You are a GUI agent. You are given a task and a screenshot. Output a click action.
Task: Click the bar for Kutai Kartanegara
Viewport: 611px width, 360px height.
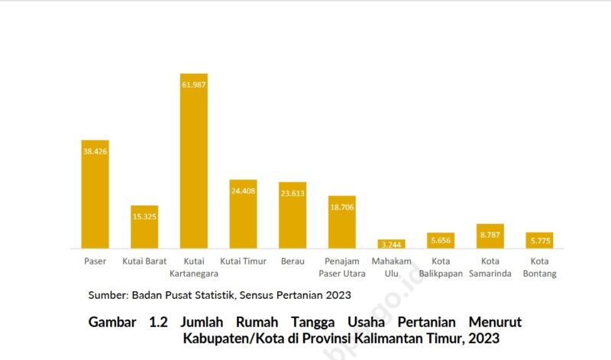193,164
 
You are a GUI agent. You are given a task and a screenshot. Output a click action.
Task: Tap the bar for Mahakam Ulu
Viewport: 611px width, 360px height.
391,244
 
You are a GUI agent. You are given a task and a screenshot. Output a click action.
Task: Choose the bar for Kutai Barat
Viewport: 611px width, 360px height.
144,227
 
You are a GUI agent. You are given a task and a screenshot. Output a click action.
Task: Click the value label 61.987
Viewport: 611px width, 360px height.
193,84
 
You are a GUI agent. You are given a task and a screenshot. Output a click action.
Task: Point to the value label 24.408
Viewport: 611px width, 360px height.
243,191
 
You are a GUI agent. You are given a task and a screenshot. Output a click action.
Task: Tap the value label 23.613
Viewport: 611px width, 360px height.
293,193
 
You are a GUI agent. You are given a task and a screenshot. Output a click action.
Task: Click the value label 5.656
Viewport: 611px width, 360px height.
441,240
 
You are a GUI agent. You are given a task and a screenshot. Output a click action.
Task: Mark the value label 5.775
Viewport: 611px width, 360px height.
539,242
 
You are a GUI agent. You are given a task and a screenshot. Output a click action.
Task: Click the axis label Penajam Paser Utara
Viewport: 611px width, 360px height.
342,268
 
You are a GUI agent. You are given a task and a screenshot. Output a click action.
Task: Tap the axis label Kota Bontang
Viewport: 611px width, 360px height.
539,268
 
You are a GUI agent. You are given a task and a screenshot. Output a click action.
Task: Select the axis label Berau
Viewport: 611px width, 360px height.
293,261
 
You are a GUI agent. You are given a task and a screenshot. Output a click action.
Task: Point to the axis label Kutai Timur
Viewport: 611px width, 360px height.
243,261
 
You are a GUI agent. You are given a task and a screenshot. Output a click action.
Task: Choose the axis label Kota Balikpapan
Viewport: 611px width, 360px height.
441,268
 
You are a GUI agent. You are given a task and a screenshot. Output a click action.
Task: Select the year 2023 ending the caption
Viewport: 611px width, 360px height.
485,339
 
